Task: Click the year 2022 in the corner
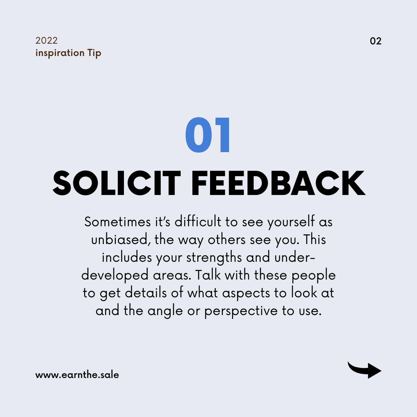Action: click(x=47, y=41)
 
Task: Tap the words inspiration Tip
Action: click(x=68, y=53)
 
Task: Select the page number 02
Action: click(x=376, y=41)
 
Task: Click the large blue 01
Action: click(x=207, y=135)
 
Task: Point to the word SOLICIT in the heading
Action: click(x=117, y=183)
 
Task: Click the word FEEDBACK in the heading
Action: click(x=278, y=183)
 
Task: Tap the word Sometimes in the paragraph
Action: click(x=117, y=222)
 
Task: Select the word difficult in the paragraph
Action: click(x=198, y=222)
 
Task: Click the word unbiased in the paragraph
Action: click(x=119, y=239)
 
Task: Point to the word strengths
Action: click(x=214, y=258)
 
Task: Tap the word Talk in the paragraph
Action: click(x=208, y=275)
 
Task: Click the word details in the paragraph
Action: click(x=146, y=293)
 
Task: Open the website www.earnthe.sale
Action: click(x=77, y=375)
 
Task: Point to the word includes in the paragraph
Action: click(x=127, y=257)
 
